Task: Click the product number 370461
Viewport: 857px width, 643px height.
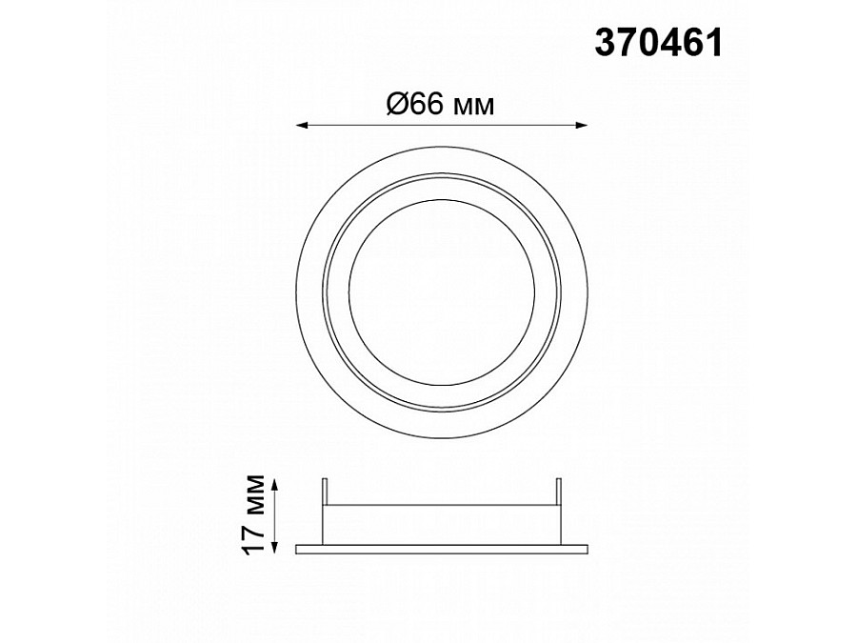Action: (659, 43)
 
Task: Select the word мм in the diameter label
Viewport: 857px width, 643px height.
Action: (474, 106)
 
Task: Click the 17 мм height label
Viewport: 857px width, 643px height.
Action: (254, 515)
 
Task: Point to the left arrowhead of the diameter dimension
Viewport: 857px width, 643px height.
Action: (301, 126)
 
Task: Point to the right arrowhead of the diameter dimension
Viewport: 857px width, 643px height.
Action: (583, 126)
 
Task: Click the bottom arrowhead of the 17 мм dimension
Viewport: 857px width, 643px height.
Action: (275, 549)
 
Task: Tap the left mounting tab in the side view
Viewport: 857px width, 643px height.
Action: (325, 492)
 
